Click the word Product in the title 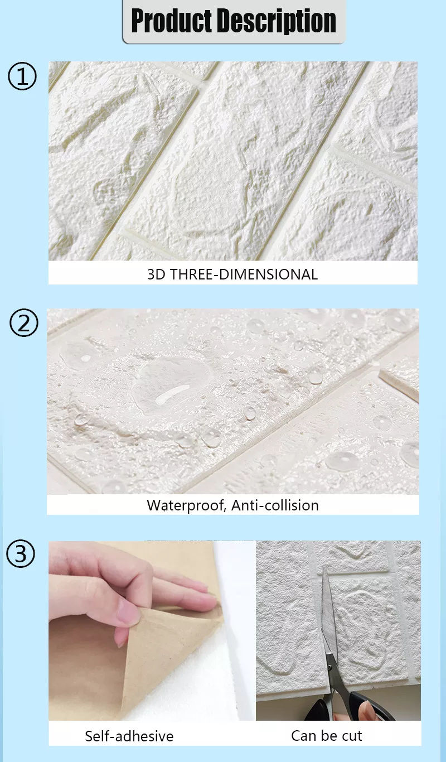[171, 21]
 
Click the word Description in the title [277, 21]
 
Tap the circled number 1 [22, 76]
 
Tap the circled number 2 [23, 324]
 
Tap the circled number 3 [21, 554]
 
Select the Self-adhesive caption [129, 736]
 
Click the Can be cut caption [327, 736]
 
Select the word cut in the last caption [352, 736]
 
